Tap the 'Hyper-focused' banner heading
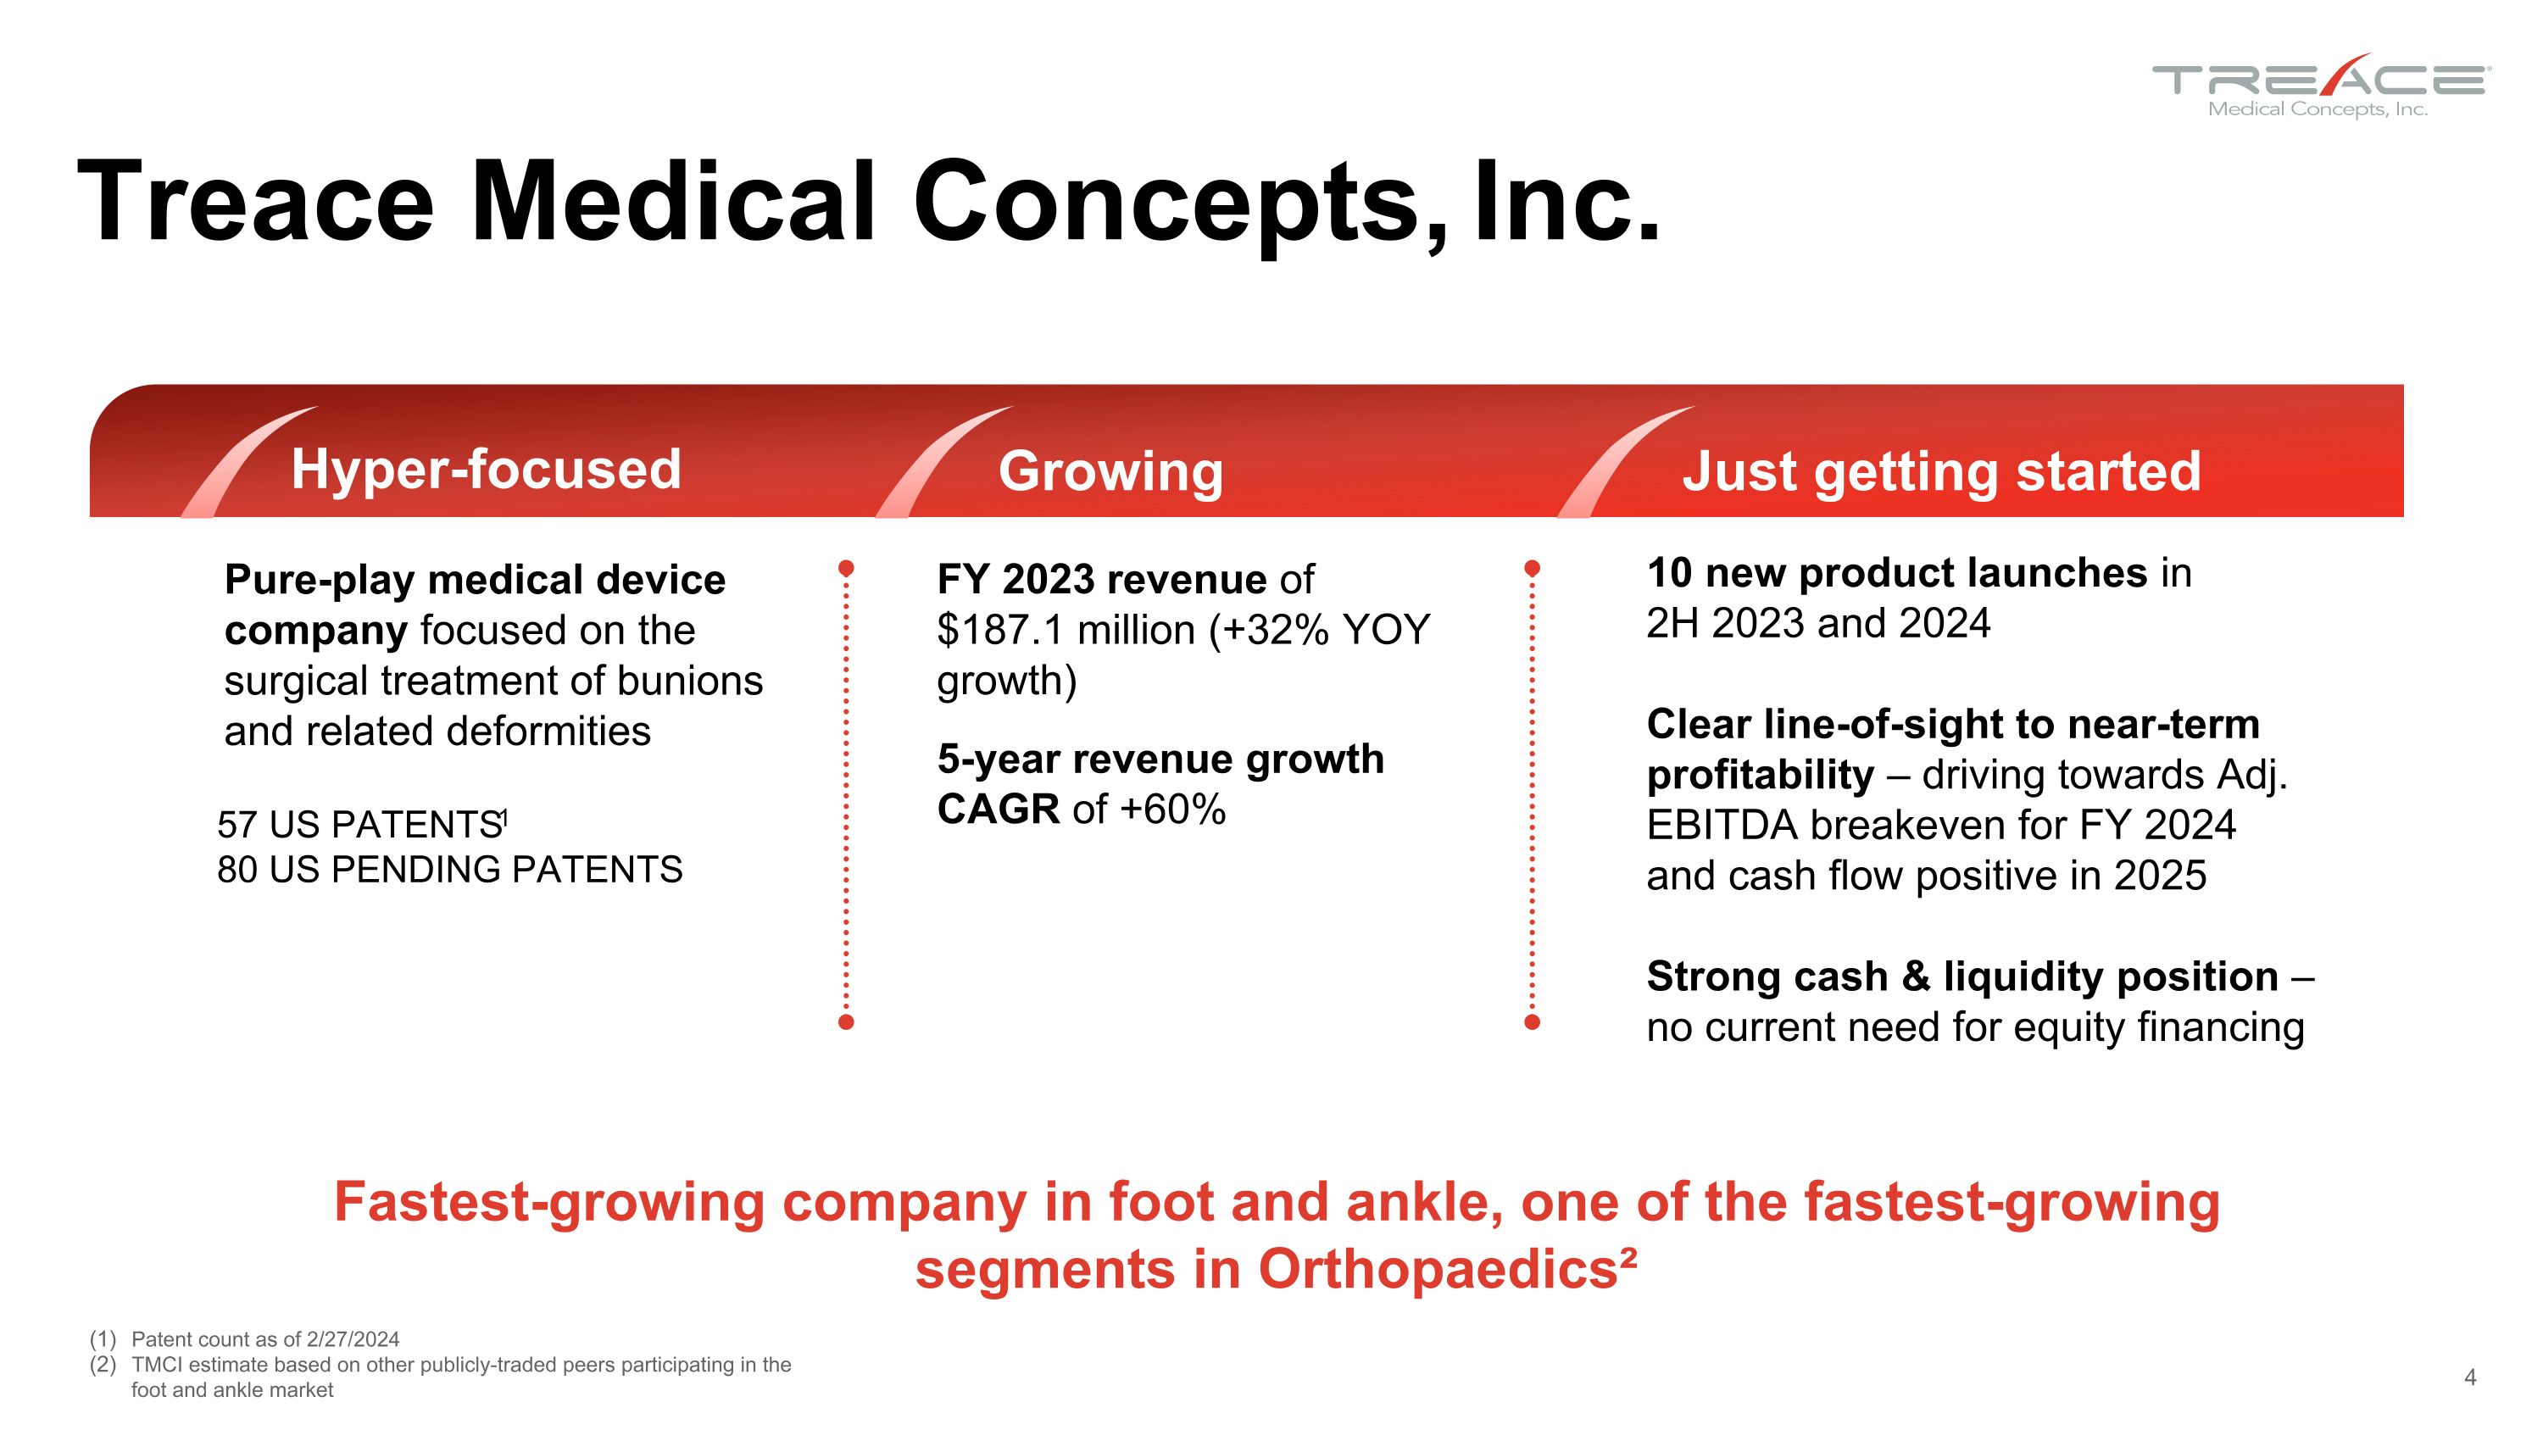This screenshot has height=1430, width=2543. [x=486, y=469]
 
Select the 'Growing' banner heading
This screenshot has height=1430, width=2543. [x=1110, y=470]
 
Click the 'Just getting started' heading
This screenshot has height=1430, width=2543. [x=1941, y=470]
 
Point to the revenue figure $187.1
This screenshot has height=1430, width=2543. [x=1001, y=630]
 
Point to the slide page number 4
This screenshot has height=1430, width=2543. [x=2470, y=1377]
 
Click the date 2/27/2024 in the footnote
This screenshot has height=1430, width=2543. [x=353, y=1339]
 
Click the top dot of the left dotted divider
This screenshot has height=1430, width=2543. [x=846, y=569]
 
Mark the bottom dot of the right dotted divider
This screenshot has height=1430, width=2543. [x=1532, y=1022]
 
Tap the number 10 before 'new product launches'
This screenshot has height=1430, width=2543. [x=1668, y=573]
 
